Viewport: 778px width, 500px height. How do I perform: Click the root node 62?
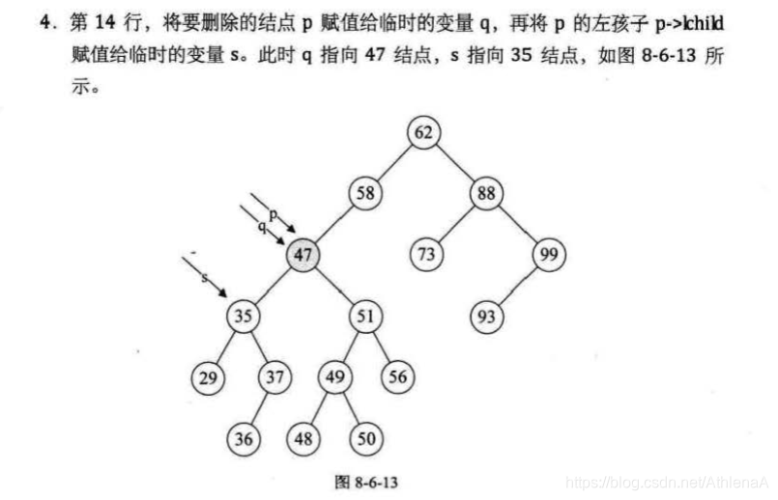point(422,132)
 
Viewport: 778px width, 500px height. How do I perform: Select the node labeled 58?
point(365,193)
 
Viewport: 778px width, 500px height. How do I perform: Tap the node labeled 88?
point(484,193)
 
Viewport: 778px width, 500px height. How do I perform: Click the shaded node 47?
point(303,255)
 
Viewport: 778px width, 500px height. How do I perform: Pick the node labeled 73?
point(425,255)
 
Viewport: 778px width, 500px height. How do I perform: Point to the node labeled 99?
point(548,255)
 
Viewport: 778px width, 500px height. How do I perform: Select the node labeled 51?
point(364,316)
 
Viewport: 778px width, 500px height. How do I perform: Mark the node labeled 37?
point(274,377)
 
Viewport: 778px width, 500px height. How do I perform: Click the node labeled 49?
point(334,377)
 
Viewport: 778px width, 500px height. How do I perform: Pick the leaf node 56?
point(397,377)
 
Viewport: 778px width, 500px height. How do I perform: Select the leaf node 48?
point(304,439)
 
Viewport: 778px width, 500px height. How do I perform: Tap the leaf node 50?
point(364,439)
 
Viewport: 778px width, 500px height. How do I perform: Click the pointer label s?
point(205,278)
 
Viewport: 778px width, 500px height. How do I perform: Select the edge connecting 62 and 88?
point(453,162)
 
